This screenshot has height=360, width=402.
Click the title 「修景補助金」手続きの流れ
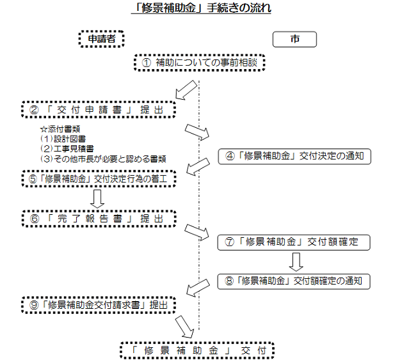(201, 8)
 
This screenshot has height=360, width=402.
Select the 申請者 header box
(102, 39)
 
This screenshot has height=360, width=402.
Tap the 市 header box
(294, 39)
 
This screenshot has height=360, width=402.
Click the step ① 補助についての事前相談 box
(200, 63)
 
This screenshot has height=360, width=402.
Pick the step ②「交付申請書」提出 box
(99, 109)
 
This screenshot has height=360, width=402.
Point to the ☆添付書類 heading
(60, 129)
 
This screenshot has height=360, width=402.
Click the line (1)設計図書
(63, 139)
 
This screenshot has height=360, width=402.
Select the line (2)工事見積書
(67, 149)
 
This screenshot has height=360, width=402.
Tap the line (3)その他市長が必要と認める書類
(103, 159)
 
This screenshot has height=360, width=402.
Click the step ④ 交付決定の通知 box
(294, 156)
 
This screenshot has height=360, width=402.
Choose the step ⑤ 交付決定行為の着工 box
(99, 178)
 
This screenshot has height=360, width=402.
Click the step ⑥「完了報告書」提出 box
(99, 219)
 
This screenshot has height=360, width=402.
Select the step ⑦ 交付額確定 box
(294, 242)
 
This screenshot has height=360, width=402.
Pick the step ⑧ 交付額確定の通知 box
(294, 281)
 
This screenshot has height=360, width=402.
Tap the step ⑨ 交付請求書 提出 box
(99, 305)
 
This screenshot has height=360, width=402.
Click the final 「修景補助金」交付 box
(197, 350)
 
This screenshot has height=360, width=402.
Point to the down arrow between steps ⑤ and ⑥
(97, 199)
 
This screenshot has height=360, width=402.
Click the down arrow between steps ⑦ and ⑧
(296, 262)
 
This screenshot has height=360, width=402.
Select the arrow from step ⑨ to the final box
(185, 327)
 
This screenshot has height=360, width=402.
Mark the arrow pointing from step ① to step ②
(186, 90)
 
